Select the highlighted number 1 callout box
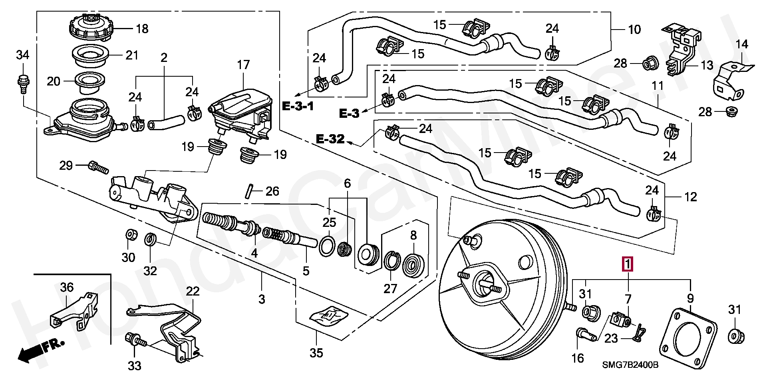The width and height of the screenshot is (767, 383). (x=628, y=264)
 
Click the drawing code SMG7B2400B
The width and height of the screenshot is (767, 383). (x=630, y=365)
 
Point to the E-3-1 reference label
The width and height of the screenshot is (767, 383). (x=298, y=106)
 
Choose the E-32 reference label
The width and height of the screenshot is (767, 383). (x=330, y=139)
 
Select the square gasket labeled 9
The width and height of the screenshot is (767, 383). (x=688, y=344)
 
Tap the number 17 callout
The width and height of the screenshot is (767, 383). (x=243, y=65)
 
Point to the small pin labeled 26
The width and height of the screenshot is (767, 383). (x=249, y=190)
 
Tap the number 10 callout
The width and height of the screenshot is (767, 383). (x=634, y=29)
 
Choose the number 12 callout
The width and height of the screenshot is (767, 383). (x=690, y=197)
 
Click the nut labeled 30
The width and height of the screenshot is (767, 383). (x=130, y=235)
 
